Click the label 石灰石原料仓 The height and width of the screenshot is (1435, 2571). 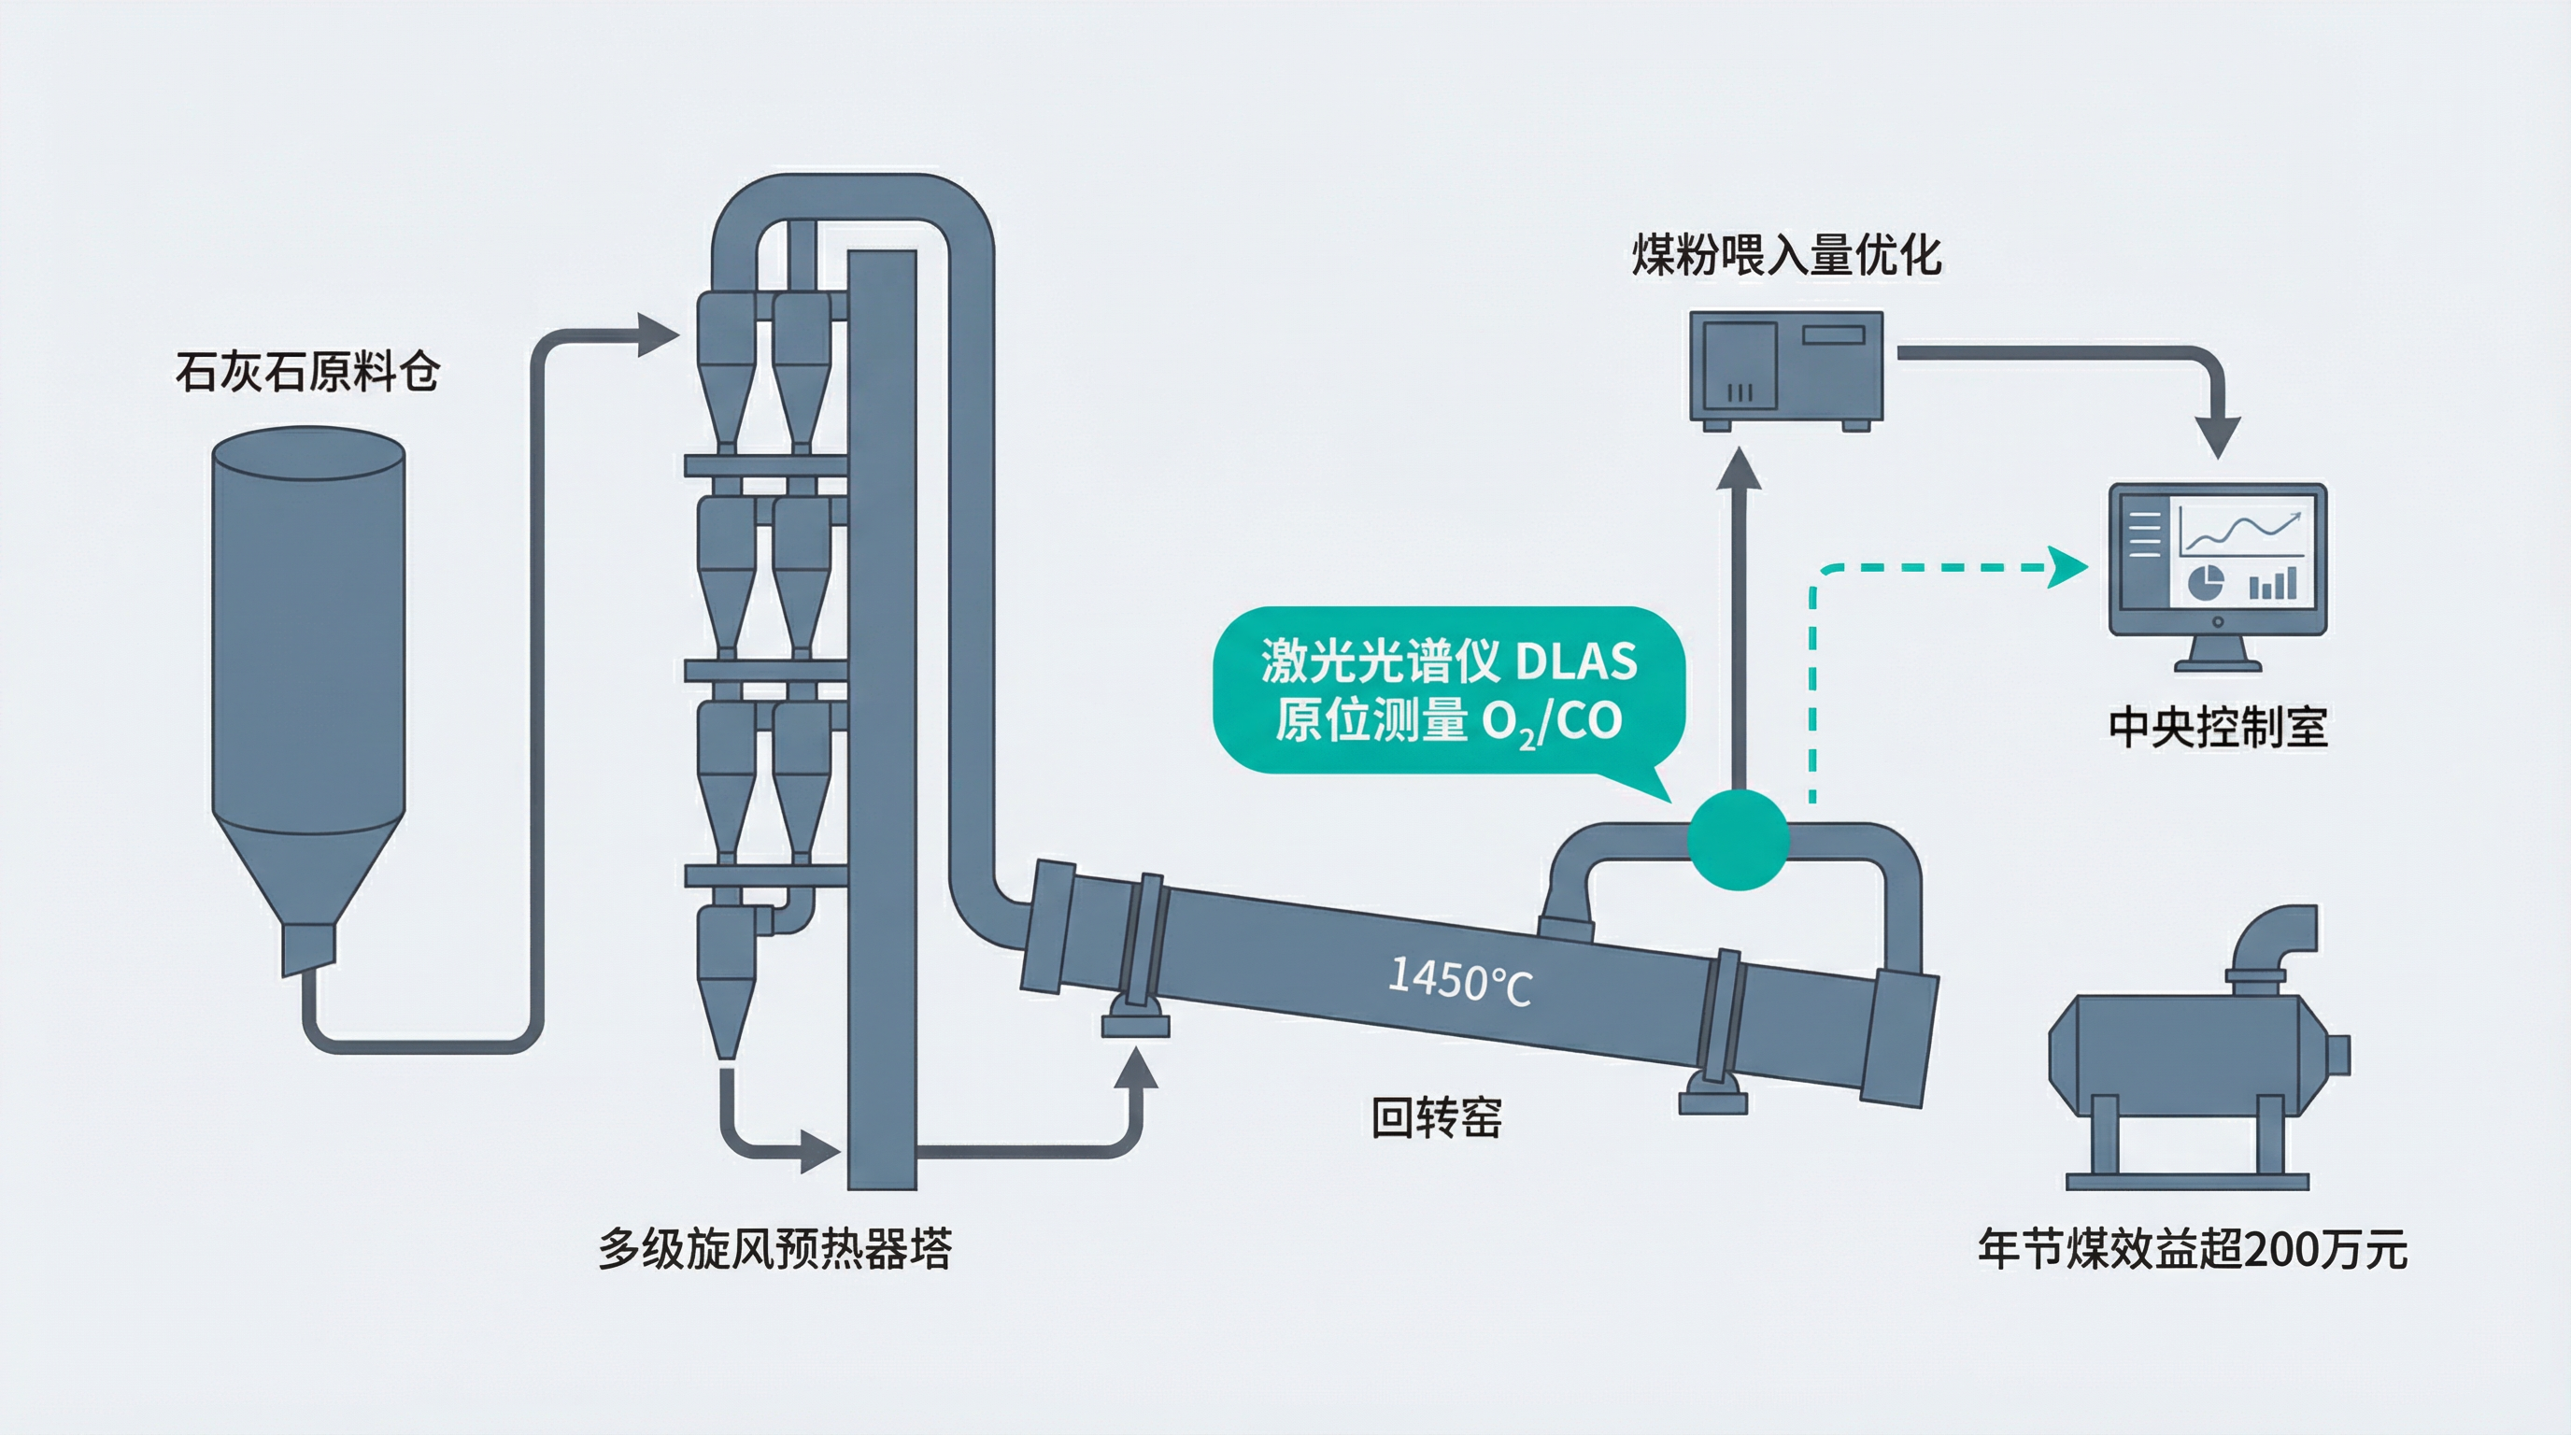point(307,372)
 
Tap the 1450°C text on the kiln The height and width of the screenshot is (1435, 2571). point(1459,981)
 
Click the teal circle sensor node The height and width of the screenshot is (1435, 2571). point(1738,839)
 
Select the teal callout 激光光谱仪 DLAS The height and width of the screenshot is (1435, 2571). point(1448,689)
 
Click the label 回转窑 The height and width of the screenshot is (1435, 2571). point(1436,1117)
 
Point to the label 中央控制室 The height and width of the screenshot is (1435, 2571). point(2218,727)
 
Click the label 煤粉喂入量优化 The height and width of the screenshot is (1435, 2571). point(1786,255)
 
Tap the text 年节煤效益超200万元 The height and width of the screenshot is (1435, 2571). point(2193,1249)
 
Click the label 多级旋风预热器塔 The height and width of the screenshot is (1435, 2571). point(775,1248)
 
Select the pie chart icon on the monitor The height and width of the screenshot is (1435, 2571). point(2205,583)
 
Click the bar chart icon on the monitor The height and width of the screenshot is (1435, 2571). point(2273,583)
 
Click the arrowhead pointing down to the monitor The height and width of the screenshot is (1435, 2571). point(2217,435)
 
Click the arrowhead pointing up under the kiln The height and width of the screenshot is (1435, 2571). point(1135,1067)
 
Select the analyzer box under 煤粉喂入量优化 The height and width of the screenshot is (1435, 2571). point(1785,367)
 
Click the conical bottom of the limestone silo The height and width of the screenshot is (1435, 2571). point(308,878)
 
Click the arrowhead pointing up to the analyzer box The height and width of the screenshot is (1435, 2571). point(1738,469)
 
